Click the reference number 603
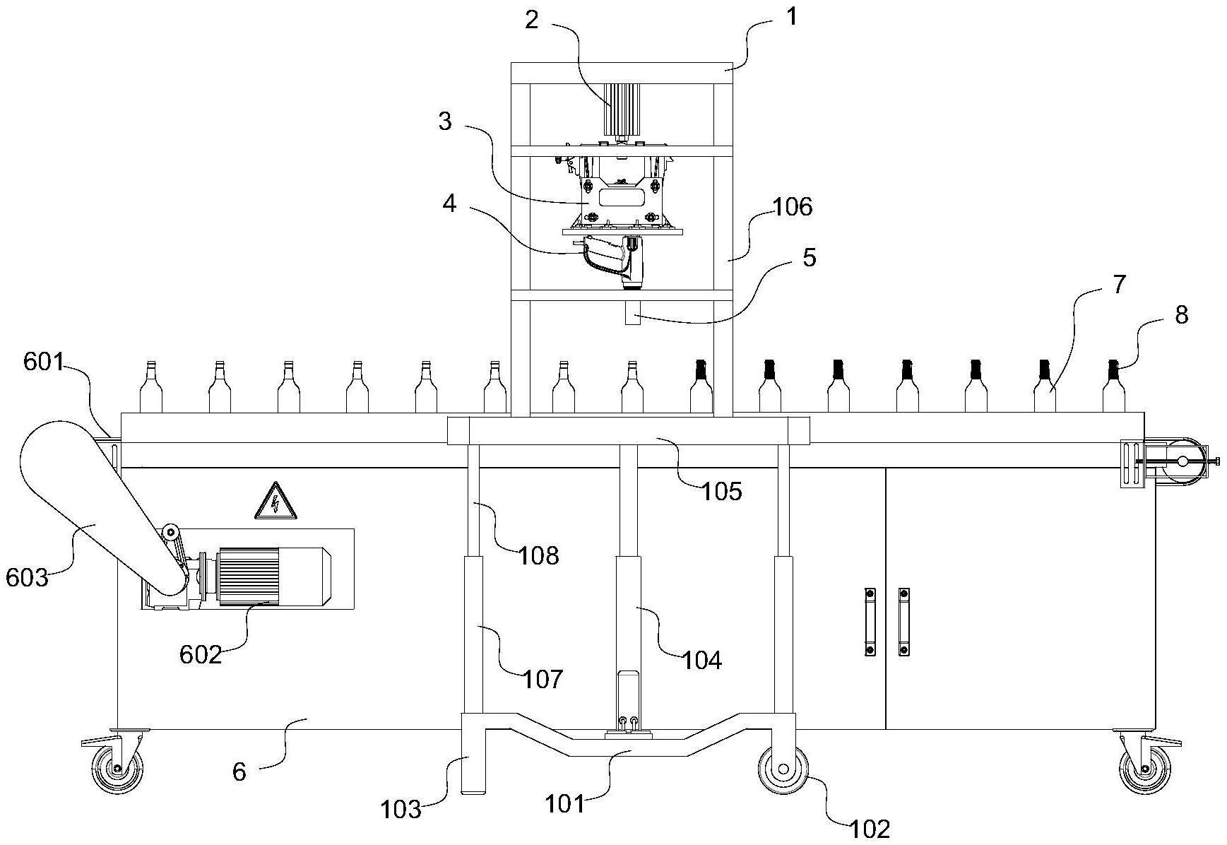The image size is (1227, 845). click(x=27, y=578)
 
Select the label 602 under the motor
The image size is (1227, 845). click(x=201, y=655)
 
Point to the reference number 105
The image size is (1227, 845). click(x=722, y=491)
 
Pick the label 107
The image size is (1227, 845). click(x=543, y=680)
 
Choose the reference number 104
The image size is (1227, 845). click(x=702, y=661)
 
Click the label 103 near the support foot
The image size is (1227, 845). click(x=401, y=810)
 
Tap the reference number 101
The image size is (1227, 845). click(x=564, y=803)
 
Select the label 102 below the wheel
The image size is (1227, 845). click(x=869, y=828)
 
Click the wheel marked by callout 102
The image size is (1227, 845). click(x=783, y=769)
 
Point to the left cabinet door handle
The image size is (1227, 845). click(x=870, y=622)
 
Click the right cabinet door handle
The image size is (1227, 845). click(x=903, y=622)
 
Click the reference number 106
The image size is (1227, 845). click(x=793, y=207)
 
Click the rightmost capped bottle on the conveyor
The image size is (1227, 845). click(x=1113, y=389)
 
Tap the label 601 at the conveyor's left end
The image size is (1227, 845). click(x=44, y=362)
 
